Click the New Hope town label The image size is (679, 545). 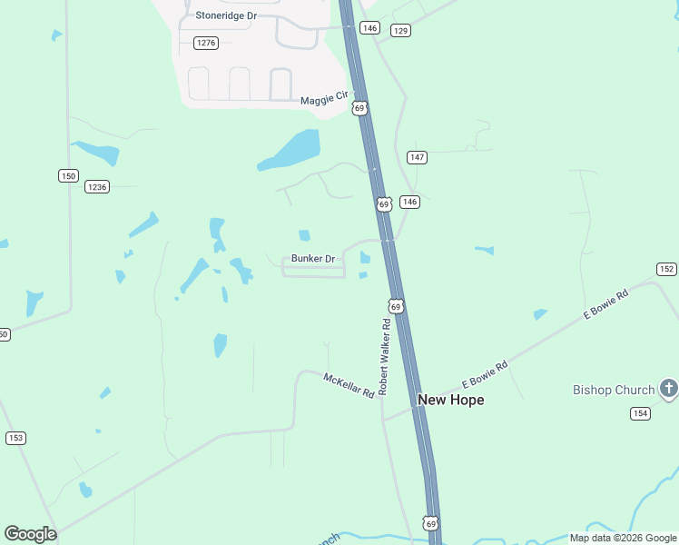point(450,400)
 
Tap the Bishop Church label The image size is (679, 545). point(614,390)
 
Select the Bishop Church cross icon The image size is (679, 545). point(668,389)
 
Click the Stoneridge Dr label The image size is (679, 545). point(227,15)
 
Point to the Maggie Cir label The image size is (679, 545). point(325,95)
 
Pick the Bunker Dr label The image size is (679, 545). point(313,259)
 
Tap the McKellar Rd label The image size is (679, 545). point(349,385)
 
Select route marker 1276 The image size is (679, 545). point(206,43)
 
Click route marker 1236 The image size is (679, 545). point(97,187)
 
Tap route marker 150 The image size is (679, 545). point(68,176)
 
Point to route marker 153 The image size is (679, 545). point(15,438)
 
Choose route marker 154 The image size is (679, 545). point(640,413)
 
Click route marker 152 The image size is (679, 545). point(666,269)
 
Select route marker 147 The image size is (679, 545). point(417,157)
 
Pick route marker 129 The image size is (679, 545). point(400,31)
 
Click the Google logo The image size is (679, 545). point(30,534)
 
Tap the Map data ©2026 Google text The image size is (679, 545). point(623,538)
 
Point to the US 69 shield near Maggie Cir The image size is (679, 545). point(359,108)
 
